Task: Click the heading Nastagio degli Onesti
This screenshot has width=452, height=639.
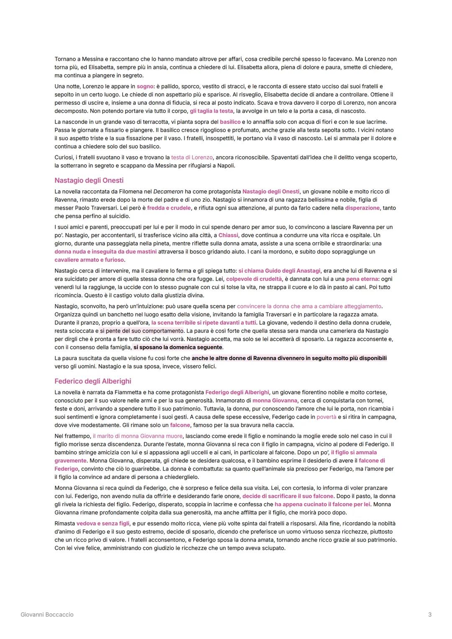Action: tap(89, 181)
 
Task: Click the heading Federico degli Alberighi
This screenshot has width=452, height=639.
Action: tap(92, 381)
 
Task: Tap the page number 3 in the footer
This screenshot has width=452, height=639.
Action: tap(430, 615)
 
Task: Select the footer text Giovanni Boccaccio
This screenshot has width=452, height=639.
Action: tap(47, 615)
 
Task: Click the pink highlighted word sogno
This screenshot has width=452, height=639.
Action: tap(145, 86)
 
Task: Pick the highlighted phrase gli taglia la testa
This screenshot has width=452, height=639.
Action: tap(211, 111)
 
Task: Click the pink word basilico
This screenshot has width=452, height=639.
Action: tap(230, 122)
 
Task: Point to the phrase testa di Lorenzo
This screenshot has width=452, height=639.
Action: tap(192, 158)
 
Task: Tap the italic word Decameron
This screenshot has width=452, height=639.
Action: tap(168, 191)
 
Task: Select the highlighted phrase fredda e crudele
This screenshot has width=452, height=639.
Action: tap(169, 208)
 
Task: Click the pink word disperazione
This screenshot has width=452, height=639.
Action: tap(362, 208)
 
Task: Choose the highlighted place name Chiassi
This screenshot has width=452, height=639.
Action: tap(229, 235)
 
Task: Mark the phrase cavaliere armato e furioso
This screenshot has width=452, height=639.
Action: tap(89, 260)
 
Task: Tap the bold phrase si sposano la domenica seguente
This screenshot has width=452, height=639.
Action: tap(178, 347)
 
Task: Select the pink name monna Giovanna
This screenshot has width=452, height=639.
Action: tap(275, 401)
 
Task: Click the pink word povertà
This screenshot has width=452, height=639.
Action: tap(326, 417)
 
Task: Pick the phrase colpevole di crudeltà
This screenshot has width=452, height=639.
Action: tap(254, 279)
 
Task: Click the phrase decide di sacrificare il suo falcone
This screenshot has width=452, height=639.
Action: tap(288, 496)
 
